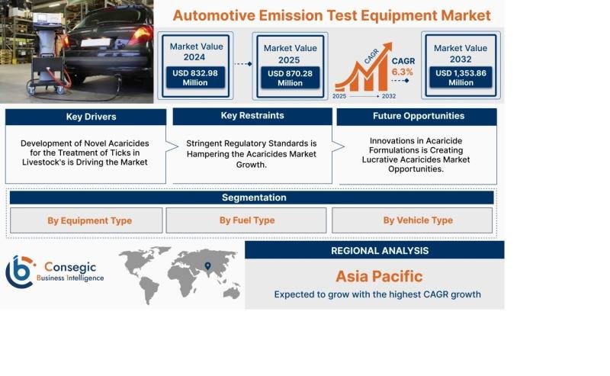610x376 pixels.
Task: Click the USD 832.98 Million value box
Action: [195, 78]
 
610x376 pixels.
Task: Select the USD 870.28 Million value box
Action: [291, 78]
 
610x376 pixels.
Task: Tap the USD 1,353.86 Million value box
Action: [461, 78]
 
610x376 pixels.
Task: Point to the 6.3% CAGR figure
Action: [403, 72]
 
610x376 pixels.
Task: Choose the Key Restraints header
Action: [252, 116]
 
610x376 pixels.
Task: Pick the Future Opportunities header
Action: [416, 117]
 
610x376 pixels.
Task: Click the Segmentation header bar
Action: [252, 198]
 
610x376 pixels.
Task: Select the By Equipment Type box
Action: [86, 220]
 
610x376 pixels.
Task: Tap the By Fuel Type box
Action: [246, 220]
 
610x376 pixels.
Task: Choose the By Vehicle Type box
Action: [412, 220]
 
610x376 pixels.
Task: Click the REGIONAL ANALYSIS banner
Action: [374, 250]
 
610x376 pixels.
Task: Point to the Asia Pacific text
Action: [379, 276]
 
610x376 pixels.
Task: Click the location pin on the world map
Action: [207, 266]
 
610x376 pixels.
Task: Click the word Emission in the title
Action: [291, 15]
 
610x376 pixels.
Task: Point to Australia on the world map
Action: [232, 292]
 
